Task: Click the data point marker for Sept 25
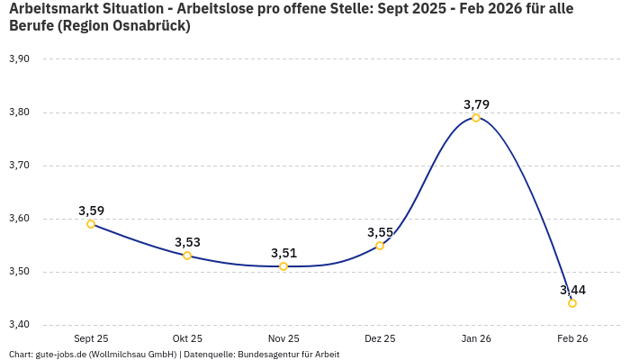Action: click(91, 224)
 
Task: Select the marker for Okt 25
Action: click(187, 256)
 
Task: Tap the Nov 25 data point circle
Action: click(283, 266)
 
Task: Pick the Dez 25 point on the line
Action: click(380, 246)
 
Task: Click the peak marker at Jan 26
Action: click(476, 118)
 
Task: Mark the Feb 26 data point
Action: click(572, 303)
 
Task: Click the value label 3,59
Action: click(91, 211)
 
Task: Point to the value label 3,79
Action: click(476, 104)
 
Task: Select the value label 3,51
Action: click(283, 253)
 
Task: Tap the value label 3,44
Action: click(572, 290)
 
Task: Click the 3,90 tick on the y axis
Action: click(19, 59)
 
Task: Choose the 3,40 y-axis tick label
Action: click(19, 325)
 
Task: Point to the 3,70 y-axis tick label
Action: click(19, 166)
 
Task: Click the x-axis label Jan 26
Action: click(476, 338)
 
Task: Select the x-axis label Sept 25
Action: click(91, 338)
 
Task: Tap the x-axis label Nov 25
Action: click(283, 338)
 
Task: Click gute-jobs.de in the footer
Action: click(60, 355)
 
